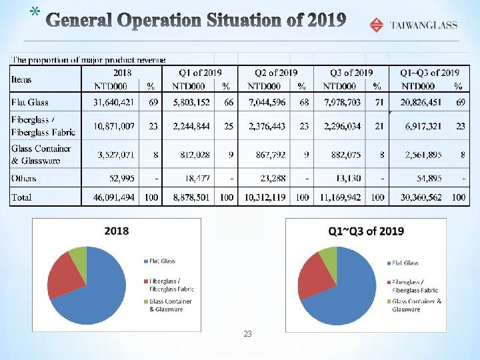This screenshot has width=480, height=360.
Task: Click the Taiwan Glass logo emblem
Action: tap(377, 25)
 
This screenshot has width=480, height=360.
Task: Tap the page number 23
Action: tap(247, 333)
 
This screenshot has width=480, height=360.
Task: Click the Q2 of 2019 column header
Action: tap(276, 72)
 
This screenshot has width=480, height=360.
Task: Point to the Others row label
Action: tap(23, 178)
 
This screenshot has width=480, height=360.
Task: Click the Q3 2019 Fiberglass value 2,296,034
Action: tap(341, 126)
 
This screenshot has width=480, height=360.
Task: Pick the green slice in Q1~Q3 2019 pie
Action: tap(329, 255)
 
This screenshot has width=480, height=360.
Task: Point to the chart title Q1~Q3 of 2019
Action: tap(365, 231)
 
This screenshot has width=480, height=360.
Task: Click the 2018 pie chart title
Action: tap(117, 231)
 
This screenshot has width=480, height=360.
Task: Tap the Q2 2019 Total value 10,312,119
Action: tap(265, 197)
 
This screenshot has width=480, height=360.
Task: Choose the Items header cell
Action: tap(21, 79)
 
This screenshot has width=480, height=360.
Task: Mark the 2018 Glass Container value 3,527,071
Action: tap(116, 155)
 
